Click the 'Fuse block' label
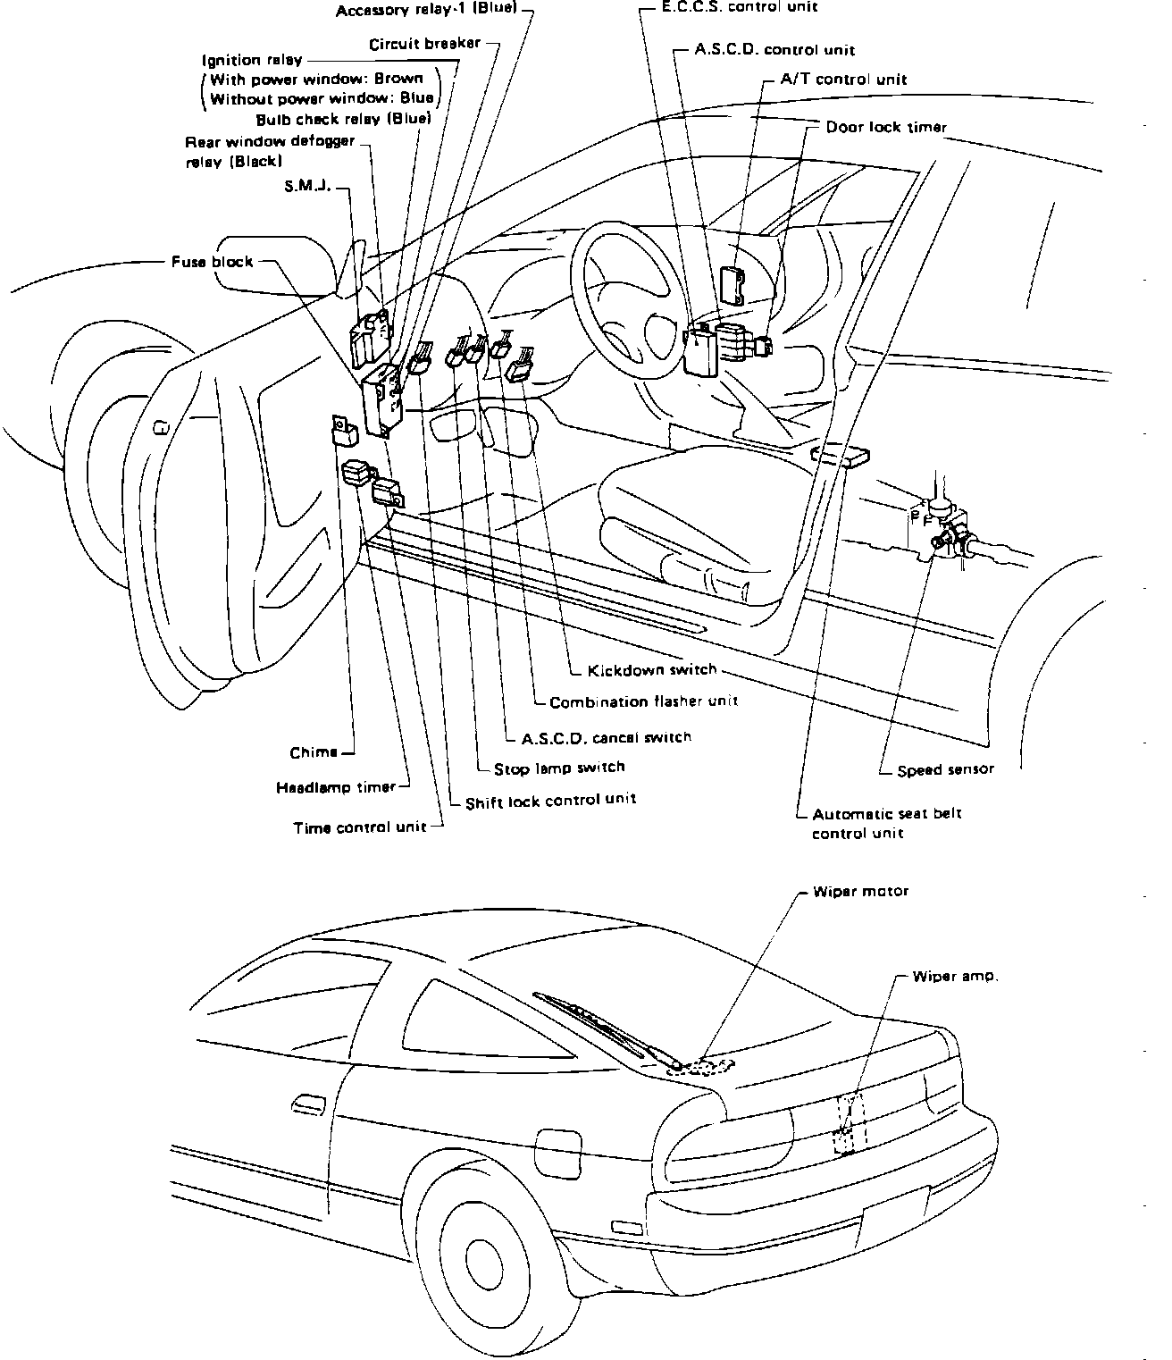point(212,262)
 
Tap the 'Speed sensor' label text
point(945,769)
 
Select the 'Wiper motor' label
point(860,892)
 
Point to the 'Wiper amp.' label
point(955,977)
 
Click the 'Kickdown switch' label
point(652,670)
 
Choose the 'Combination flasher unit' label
point(643,701)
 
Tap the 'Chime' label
point(314,752)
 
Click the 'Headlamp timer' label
point(336,787)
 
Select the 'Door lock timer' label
point(885,127)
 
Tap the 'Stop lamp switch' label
point(559,768)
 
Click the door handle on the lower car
point(307,1104)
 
